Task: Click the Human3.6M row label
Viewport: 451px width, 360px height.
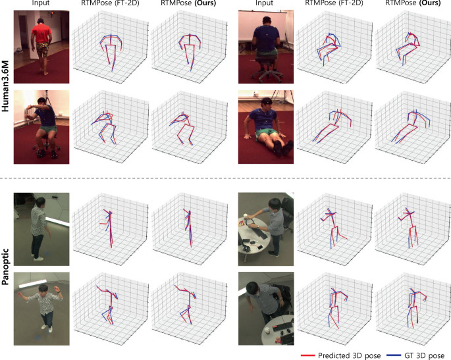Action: point(5,86)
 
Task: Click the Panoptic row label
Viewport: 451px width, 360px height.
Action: point(5,267)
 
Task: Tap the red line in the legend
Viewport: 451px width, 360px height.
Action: point(307,355)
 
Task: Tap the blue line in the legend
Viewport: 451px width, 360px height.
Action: point(394,355)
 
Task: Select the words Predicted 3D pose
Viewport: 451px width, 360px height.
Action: point(349,355)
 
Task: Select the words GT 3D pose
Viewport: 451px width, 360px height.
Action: point(424,355)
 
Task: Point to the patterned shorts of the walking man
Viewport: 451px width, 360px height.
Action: point(43,49)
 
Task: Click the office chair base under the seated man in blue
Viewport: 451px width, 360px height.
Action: point(267,75)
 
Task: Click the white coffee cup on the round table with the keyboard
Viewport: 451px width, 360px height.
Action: point(267,330)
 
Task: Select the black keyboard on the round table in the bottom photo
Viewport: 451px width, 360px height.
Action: point(282,326)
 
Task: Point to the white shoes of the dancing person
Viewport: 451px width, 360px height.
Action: point(47,328)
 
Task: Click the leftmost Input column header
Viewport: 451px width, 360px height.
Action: point(41,3)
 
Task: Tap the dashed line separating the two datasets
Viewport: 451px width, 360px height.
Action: point(225,178)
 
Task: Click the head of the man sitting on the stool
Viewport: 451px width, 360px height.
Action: point(41,101)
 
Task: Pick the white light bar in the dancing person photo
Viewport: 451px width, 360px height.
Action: point(32,284)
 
